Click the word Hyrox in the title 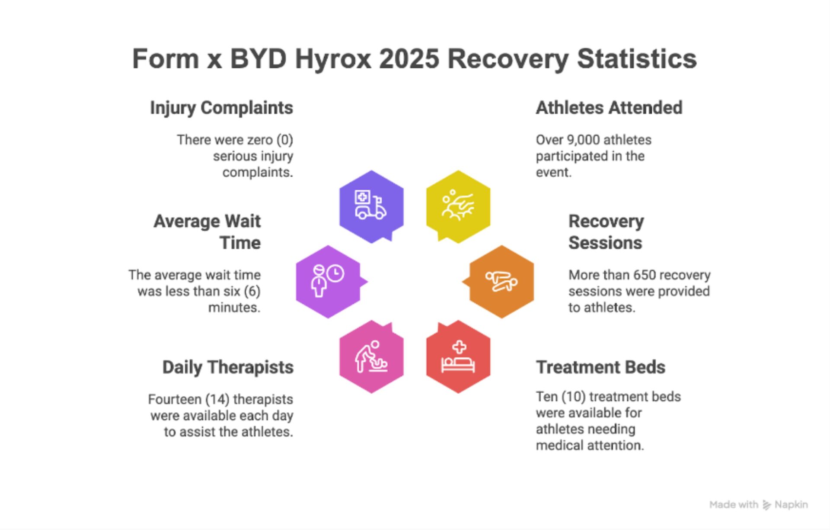pyautogui.click(x=333, y=59)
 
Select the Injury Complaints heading pyautogui.click(x=221, y=108)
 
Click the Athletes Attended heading pyautogui.click(x=609, y=108)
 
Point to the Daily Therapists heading pyautogui.click(x=228, y=367)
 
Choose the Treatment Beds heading pyautogui.click(x=600, y=367)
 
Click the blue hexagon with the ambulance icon pyautogui.click(x=371, y=206)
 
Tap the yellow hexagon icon pyautogui.click(x=458, y=206)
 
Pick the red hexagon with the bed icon pyautogui.click(x=458, y=357)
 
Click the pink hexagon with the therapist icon pyautogui.click(x=371, y=357)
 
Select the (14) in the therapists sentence pyautogui.click(x=217, y=399)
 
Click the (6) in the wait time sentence pyautogui.click(x=252, y=292)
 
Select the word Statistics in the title pyautogui.click(x=637, y=58)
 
